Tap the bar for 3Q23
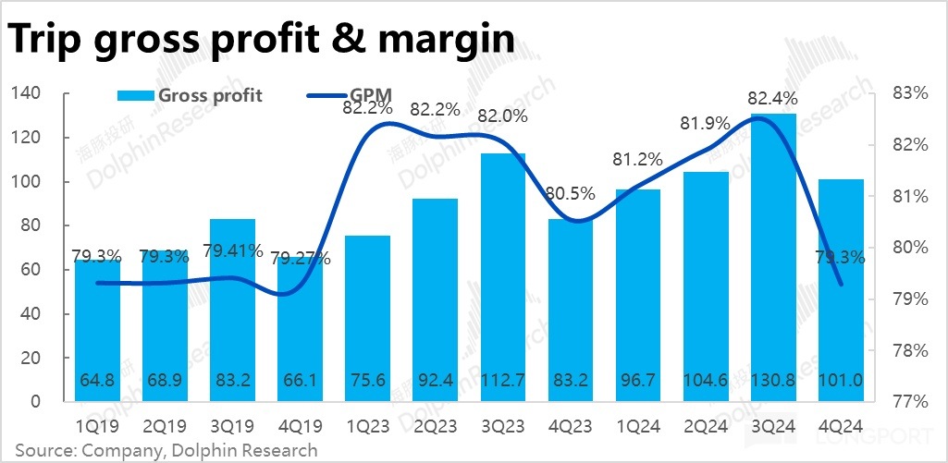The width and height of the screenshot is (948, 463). click(504, 277)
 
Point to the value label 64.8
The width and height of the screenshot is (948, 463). click(99, 380)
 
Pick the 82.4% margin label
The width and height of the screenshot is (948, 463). click(773, 97)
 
